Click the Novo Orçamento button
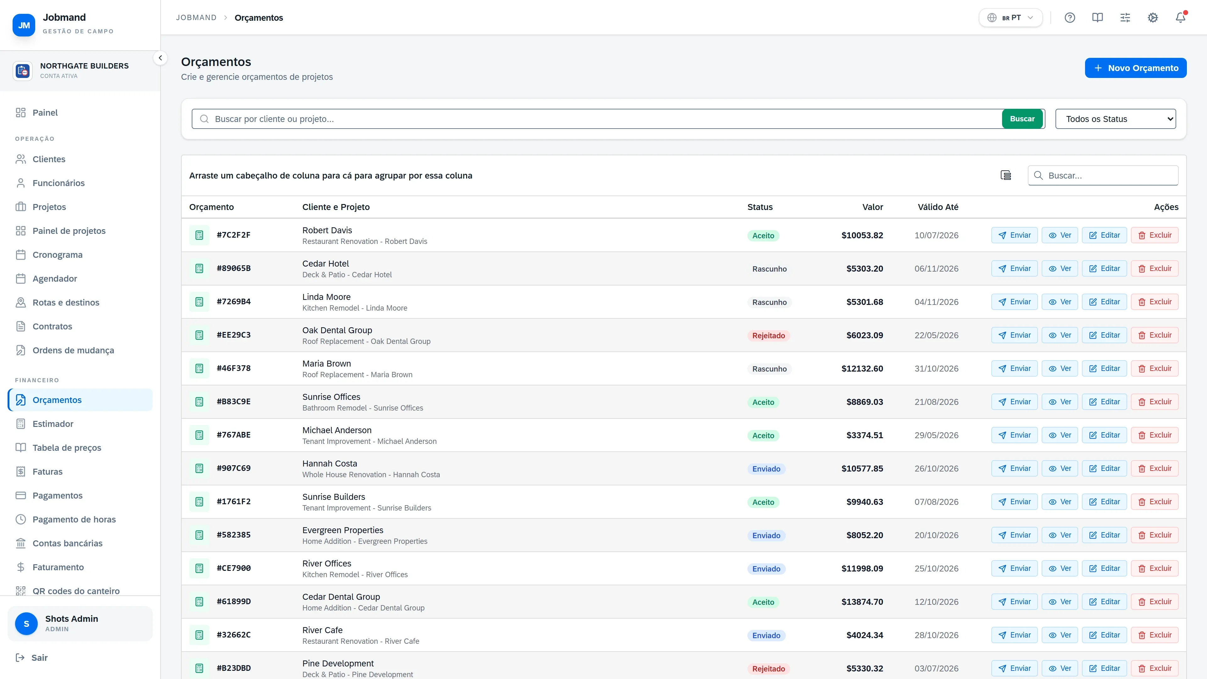[x=1135, y=68]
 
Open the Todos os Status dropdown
[x=1116, y=119]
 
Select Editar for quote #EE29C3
[x=1105, y=335]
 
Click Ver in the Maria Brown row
[x=1060, y=368]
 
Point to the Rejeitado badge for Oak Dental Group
[x=769, y=335]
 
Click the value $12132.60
[x=862, y=369]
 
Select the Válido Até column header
[x=938, y=207]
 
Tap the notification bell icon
[x=1180, y=18]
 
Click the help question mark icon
[x=1070, y=18]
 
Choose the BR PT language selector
[x=1011, y=18]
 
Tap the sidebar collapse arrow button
[x=160, y=58]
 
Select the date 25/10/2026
[x=936, y=568]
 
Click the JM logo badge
[x=24, y=25]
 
